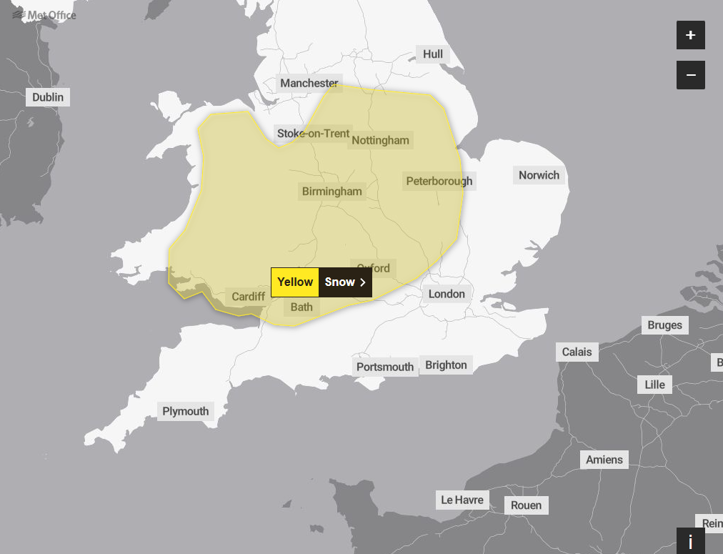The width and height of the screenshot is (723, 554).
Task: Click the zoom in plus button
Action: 690,35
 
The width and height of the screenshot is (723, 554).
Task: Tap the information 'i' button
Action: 690,541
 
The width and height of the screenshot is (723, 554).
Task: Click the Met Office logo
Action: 44,15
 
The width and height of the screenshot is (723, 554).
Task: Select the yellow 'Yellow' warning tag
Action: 295,282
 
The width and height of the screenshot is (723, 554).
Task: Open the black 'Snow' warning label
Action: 345,282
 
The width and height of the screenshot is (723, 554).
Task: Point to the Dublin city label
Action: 48,97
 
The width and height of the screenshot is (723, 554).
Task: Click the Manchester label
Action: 309,83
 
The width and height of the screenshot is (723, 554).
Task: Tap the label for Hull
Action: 433,54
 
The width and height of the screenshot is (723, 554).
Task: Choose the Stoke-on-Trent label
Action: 314,133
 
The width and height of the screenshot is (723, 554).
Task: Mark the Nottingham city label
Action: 380,140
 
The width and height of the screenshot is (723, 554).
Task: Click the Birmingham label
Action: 332,192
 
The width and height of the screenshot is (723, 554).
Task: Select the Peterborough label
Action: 439,181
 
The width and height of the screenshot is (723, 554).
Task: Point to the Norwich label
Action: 539,175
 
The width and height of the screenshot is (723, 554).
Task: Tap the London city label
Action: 447,294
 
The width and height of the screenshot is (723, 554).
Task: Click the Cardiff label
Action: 249,297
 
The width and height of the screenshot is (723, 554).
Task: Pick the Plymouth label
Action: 186,411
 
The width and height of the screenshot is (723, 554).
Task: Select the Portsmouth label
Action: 385,367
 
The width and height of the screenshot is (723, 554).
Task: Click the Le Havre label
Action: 462,500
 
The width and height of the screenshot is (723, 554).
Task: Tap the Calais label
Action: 577,352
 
